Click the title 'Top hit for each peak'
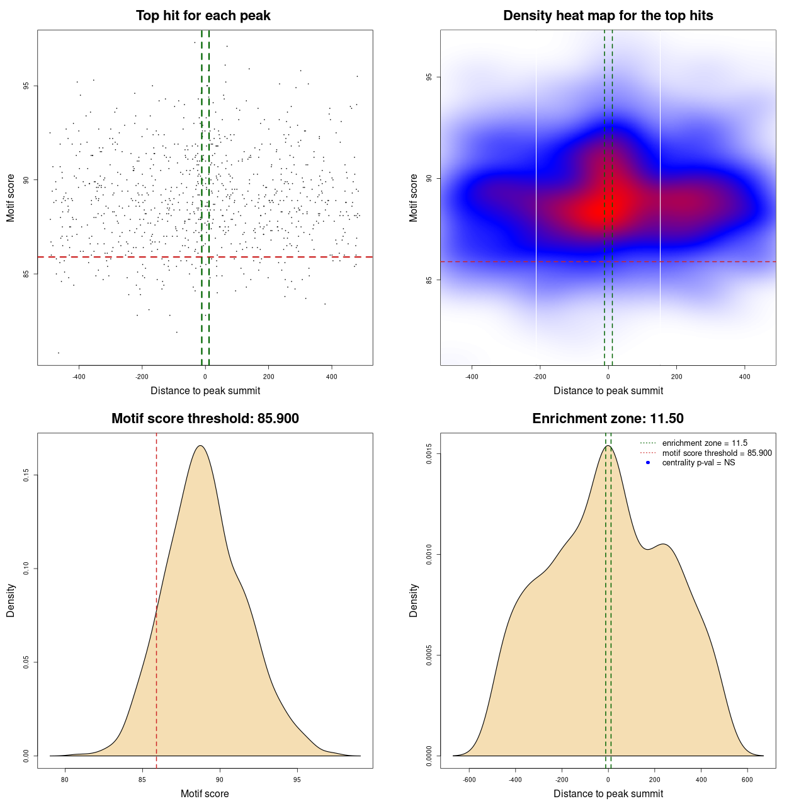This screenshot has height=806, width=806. point(203,16)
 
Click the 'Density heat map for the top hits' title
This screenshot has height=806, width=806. point(608,16)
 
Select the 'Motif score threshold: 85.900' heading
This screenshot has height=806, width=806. point(205,419)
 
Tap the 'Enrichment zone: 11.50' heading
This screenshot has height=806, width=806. point(608,419)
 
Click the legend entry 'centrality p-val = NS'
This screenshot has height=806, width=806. point(698,463)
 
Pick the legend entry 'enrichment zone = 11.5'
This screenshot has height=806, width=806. point(705,443)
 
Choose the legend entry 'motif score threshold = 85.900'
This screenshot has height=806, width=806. point(717,453)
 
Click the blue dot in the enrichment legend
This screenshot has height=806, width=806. point(648,463)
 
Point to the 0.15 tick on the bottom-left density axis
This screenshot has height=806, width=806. point(26,475)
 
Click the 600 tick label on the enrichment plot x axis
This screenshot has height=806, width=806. point(747,780)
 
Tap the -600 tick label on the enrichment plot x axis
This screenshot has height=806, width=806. point(469,780)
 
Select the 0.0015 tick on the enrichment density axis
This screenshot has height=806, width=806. point(429,454)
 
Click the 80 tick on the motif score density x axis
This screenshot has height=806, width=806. point(64,780)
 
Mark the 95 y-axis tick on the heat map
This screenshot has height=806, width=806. point(429,77)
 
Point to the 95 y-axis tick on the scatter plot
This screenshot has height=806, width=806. point(26,86)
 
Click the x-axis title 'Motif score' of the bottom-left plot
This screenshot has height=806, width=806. point(205,794)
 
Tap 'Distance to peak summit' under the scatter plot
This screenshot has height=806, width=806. point(205,391)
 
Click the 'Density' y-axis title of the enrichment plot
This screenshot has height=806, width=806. point(414,600)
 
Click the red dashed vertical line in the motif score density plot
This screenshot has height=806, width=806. point(156,598)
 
